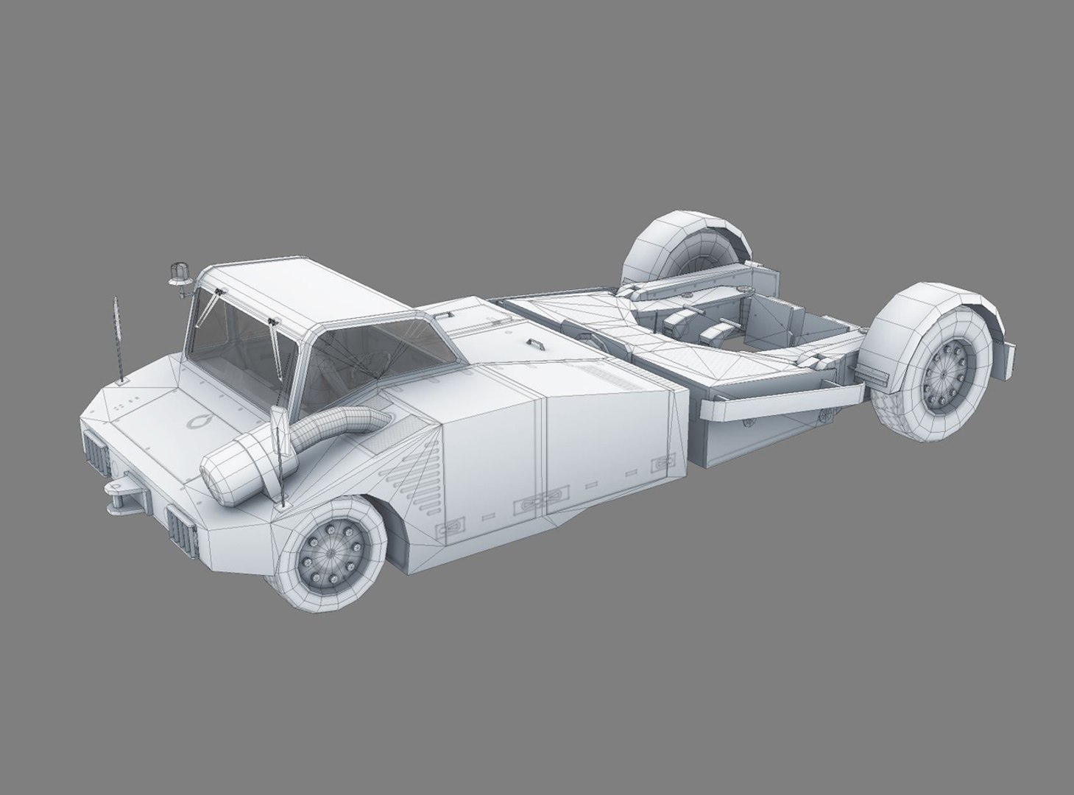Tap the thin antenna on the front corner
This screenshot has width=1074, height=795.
[x=116, y=339]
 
